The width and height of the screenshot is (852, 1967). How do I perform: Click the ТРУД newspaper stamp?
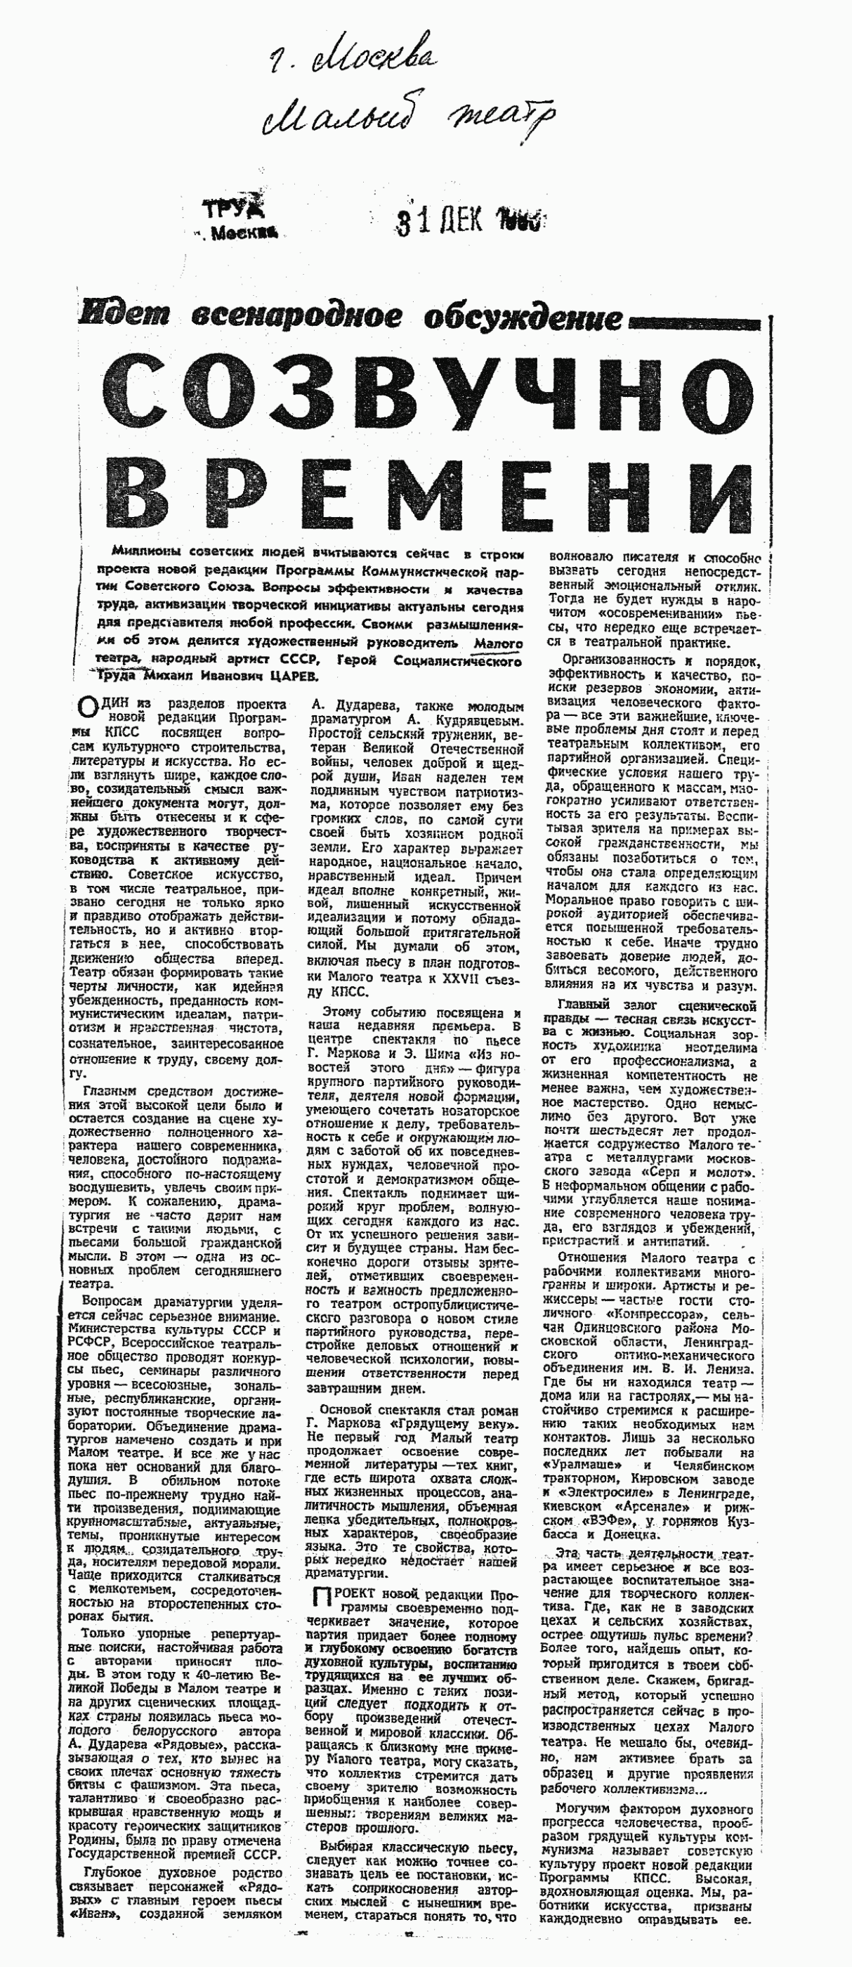point(234,209)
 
